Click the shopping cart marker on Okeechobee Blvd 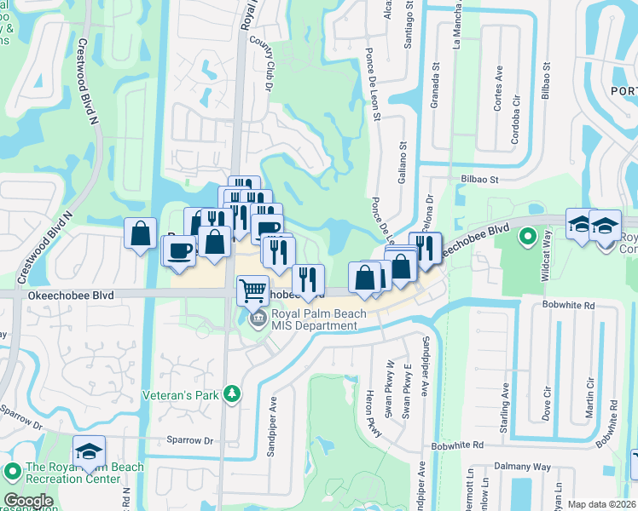tap(252, 290)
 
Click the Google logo tap(28, 501)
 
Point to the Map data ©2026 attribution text tap(601, 504)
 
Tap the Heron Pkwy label tap(372, 419)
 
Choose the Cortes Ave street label tap(498, 94)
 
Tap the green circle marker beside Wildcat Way tap(528, 235)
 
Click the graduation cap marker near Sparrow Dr tap(89, 451)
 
